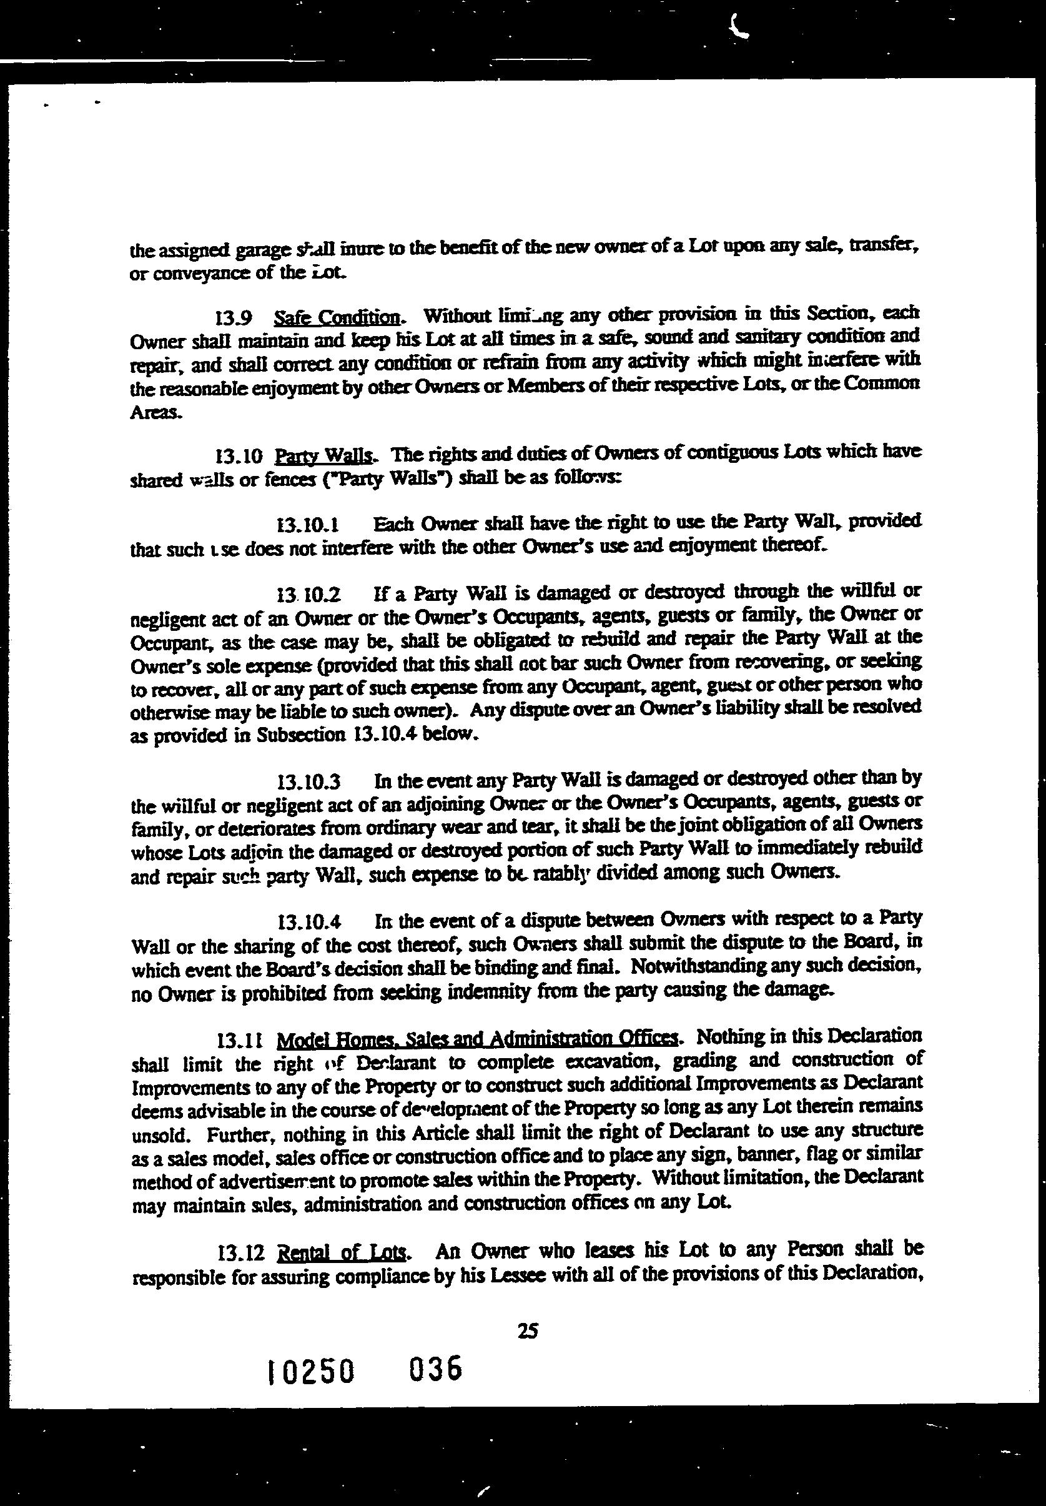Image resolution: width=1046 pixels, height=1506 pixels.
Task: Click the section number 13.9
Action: [233, 319]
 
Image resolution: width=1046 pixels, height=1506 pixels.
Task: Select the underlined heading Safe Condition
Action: [336, 318]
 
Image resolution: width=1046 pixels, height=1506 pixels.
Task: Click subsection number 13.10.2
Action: [308, 595]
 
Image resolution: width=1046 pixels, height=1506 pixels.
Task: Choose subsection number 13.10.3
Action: [308, 782]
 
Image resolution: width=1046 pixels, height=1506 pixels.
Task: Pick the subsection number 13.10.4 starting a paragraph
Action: [308, 922]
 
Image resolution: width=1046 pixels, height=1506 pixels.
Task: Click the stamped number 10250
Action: [312, 1372]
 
